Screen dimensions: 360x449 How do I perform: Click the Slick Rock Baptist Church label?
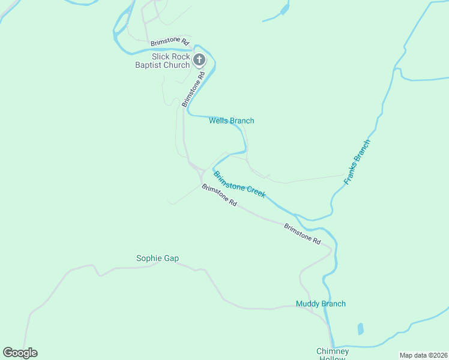162,61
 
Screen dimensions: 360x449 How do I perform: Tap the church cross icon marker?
200,59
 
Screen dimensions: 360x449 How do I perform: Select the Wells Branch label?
231,121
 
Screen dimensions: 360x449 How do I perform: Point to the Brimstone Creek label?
240,185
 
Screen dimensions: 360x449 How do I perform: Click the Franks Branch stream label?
358,161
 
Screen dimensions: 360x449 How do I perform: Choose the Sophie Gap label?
157,259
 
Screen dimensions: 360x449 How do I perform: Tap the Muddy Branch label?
321,304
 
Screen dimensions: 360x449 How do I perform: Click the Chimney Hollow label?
333,354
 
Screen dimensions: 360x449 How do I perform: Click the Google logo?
20,353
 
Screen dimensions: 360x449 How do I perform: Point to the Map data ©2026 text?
423,355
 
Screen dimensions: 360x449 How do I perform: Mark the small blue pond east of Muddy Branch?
360,329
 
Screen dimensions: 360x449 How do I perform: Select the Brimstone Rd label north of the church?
170,42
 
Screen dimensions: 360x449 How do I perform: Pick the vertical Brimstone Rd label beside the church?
194,89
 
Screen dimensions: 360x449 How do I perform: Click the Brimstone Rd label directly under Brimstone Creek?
219,196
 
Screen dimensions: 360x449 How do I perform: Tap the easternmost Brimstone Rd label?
302,233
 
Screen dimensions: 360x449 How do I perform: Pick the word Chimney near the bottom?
333,351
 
